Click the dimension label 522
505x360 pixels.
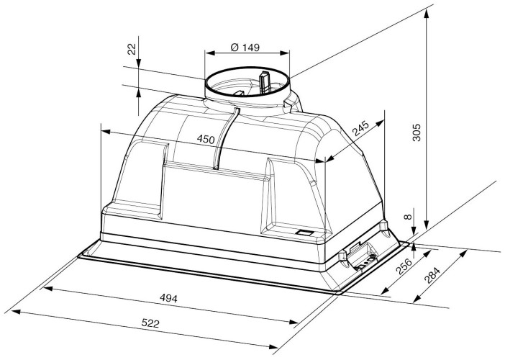(x=150, y=323)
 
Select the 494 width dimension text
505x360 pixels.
(x=168, y=299)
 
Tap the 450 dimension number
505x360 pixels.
(x=206, y=139)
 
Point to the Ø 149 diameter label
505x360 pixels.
(x=245, y=48)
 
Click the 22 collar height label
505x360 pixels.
(x=132, y=49)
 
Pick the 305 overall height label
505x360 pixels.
(x=417, y=132)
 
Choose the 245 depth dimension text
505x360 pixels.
(x=360, y=129)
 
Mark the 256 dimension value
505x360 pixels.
(x=404, y=266)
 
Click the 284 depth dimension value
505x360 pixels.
(x=432, y=275)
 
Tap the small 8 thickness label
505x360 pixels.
(x=408, y=217)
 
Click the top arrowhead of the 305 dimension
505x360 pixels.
(x=427, y=13)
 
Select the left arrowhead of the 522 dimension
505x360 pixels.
(x=15, y=312)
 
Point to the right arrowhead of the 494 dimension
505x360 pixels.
(x=294, y=321)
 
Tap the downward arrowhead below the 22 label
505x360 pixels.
(x=138, y=63)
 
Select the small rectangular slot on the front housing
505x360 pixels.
(x=305, y=232)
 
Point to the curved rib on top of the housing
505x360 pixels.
(x=226, y=138)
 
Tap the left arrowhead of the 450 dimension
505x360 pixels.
(x=106, y=132)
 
